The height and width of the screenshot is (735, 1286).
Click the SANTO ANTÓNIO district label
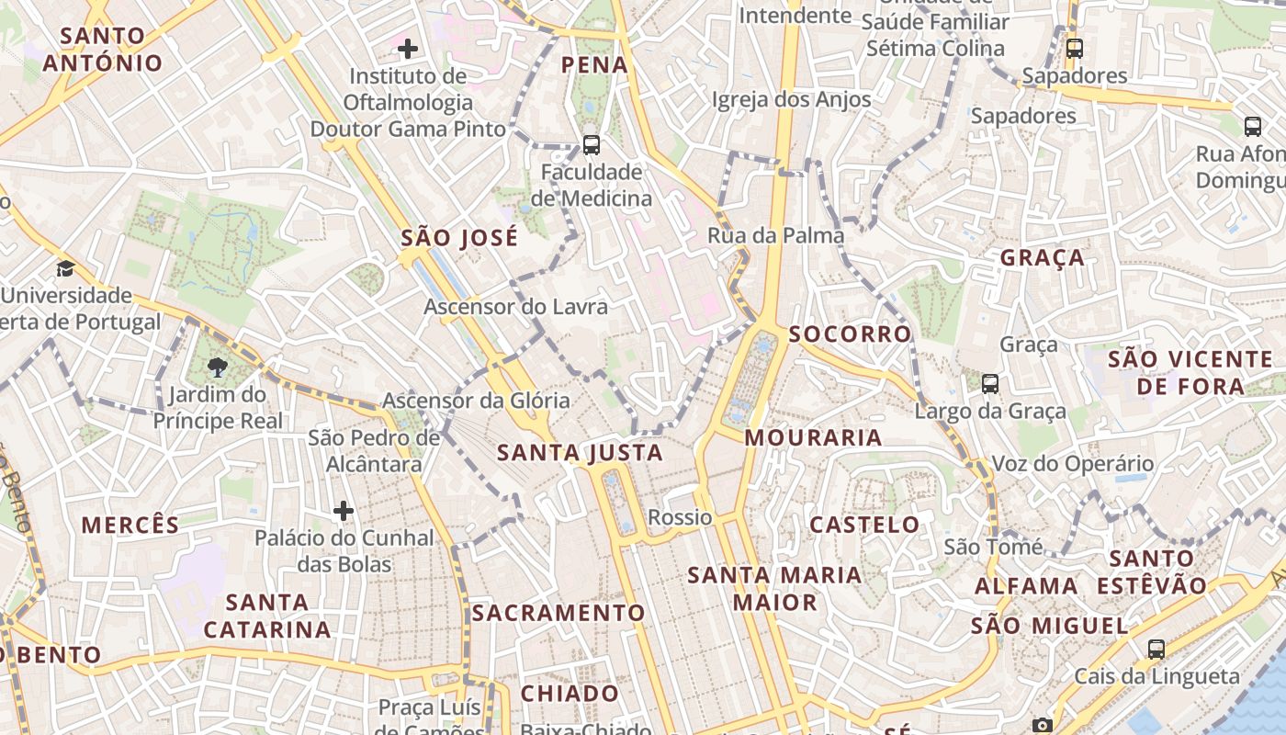click(101, 50)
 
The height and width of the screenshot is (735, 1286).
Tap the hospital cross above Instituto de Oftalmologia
click(408, 48)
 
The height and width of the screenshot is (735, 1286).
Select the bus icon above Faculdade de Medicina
click(592, 144)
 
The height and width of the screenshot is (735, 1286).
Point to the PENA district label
click(594, 65)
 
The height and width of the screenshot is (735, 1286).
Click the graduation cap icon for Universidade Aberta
click(65, 268)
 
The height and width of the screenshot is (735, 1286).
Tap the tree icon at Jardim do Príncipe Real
click(218, 368)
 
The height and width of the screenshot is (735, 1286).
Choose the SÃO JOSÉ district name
click(459, 238)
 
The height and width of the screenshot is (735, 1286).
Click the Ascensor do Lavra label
click(515, 306)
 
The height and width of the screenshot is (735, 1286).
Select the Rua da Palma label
click(775, 235)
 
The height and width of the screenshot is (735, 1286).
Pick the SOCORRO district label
click(850, 334)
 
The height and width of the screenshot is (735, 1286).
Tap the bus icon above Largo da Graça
click(989, 384)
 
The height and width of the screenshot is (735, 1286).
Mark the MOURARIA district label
click(813, 437)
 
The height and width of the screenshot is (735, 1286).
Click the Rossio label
click(680, 517)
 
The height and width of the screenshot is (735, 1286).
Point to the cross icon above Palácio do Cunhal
click(344, 510)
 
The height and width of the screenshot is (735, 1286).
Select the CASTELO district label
click(863, 525)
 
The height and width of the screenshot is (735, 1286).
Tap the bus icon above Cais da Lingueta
click(1156, 650)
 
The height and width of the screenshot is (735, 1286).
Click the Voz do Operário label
click(1072, 464)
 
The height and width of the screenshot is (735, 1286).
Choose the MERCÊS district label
click(130, 526)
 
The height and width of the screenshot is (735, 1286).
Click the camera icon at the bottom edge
click(1042, 726)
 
